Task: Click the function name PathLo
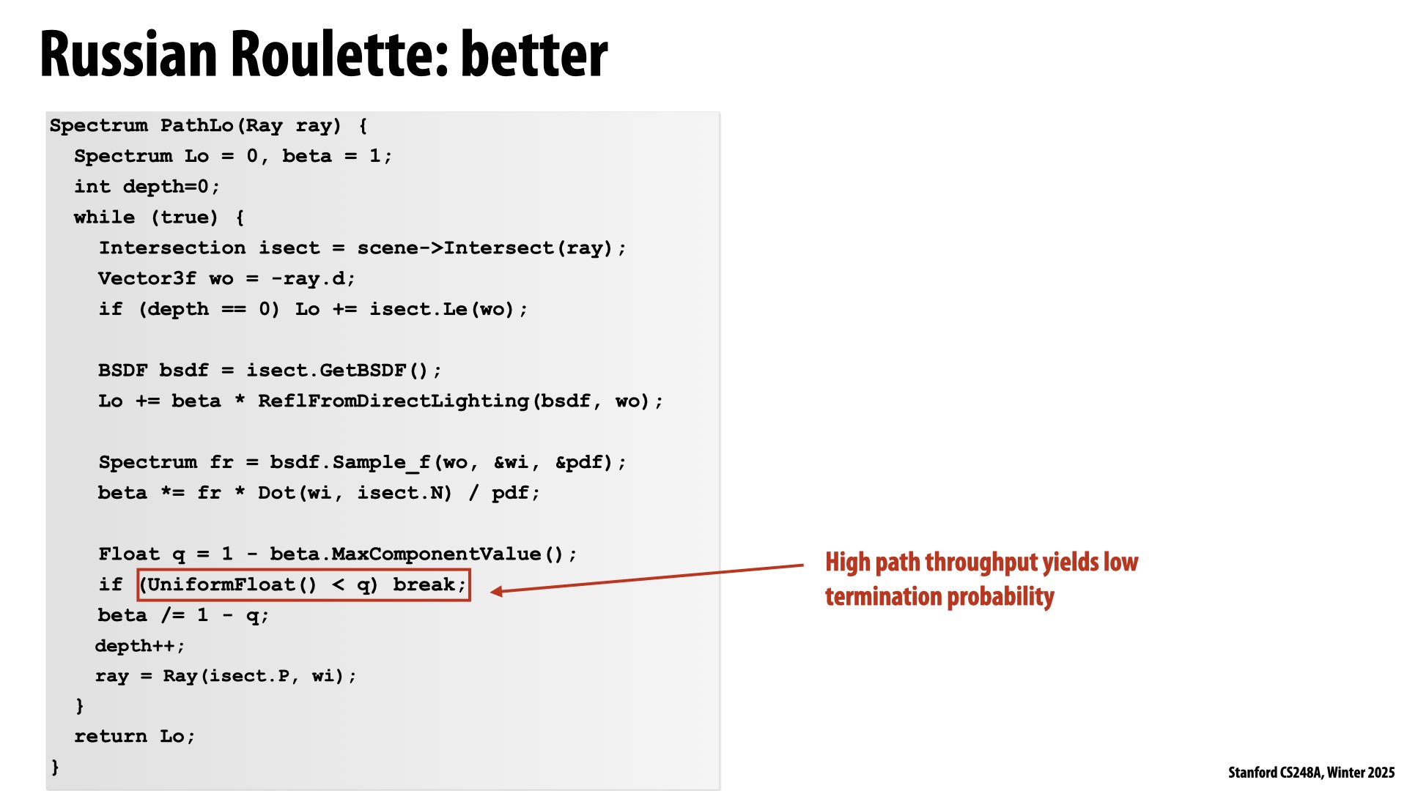pos(196,125)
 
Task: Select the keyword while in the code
pos(104,218)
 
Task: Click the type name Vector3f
pos(147,278)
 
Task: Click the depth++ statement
pos(139,646)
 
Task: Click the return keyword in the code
pos(111,736)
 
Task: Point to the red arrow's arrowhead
pos(496,591)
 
